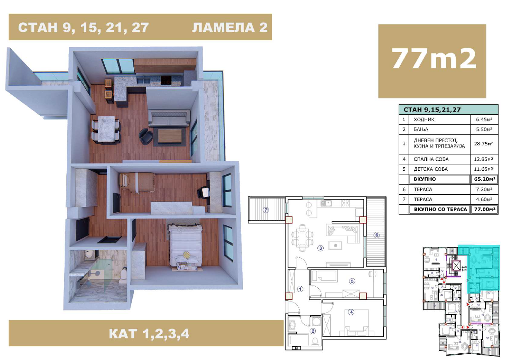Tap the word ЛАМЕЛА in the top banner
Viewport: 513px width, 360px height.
tap(223, 27)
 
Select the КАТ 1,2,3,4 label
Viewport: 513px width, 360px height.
tap(149, 333)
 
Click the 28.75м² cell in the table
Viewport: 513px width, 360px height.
tap(484, 144)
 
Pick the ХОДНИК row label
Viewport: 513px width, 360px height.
tap(424, 119)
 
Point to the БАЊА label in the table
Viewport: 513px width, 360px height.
tap(421, 129)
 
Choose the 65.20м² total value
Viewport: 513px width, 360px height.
tap(484, 179)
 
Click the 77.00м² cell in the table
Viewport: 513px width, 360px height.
tap(484, 209)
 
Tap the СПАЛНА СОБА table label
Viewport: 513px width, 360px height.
tap(431, 159)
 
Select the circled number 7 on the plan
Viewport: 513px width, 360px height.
tap(266, 210)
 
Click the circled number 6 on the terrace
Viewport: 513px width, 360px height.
tap(377, 235)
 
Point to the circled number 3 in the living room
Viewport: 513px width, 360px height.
tap(320, 248)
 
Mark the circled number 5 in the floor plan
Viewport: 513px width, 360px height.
tap(352, 281)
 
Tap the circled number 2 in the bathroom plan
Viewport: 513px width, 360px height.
tap(313, 331)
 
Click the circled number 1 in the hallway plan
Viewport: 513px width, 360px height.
tap(300, 289)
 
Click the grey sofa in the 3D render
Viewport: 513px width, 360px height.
tap(169, 118)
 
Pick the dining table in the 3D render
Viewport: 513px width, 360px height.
tap(106, 129)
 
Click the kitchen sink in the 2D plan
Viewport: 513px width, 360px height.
tap(326, 203)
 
